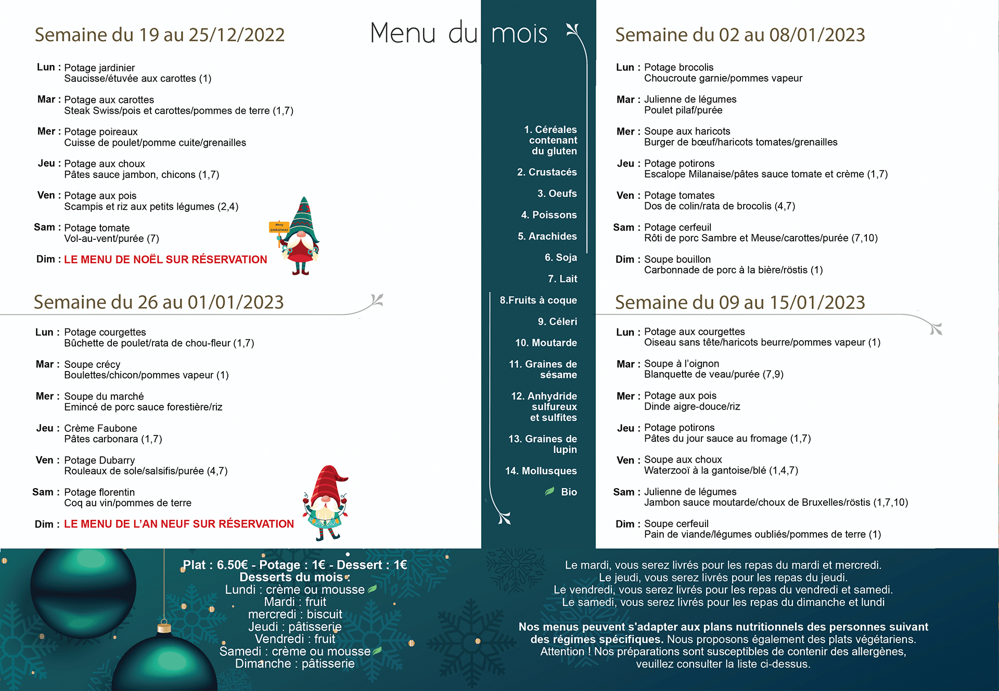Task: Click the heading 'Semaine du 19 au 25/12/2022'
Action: (160, 35)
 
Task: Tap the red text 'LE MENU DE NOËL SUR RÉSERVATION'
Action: (165, 260)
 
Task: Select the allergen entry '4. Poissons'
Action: (549, 215)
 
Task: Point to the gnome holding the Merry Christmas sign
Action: (298, 237)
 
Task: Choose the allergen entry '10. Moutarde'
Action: (546, 343)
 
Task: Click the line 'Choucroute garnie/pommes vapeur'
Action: (723, 79)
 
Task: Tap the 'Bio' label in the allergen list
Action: (569, 492)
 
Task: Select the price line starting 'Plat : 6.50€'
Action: (294, 565)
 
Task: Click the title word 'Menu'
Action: (403, 33)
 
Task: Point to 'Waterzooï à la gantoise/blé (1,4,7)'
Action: (721, 470)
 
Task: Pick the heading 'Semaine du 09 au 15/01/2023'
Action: (739, 302)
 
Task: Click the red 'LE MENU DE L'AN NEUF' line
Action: (178, 524)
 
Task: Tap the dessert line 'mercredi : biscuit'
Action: (295, 615)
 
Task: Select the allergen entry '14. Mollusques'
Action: (541, 471)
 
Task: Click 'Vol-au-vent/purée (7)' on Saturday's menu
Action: (111, 239)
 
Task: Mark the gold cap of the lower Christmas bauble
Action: (164, 627)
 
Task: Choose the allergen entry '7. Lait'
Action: (562, 279)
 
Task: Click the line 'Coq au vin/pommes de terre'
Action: (127, 503)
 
